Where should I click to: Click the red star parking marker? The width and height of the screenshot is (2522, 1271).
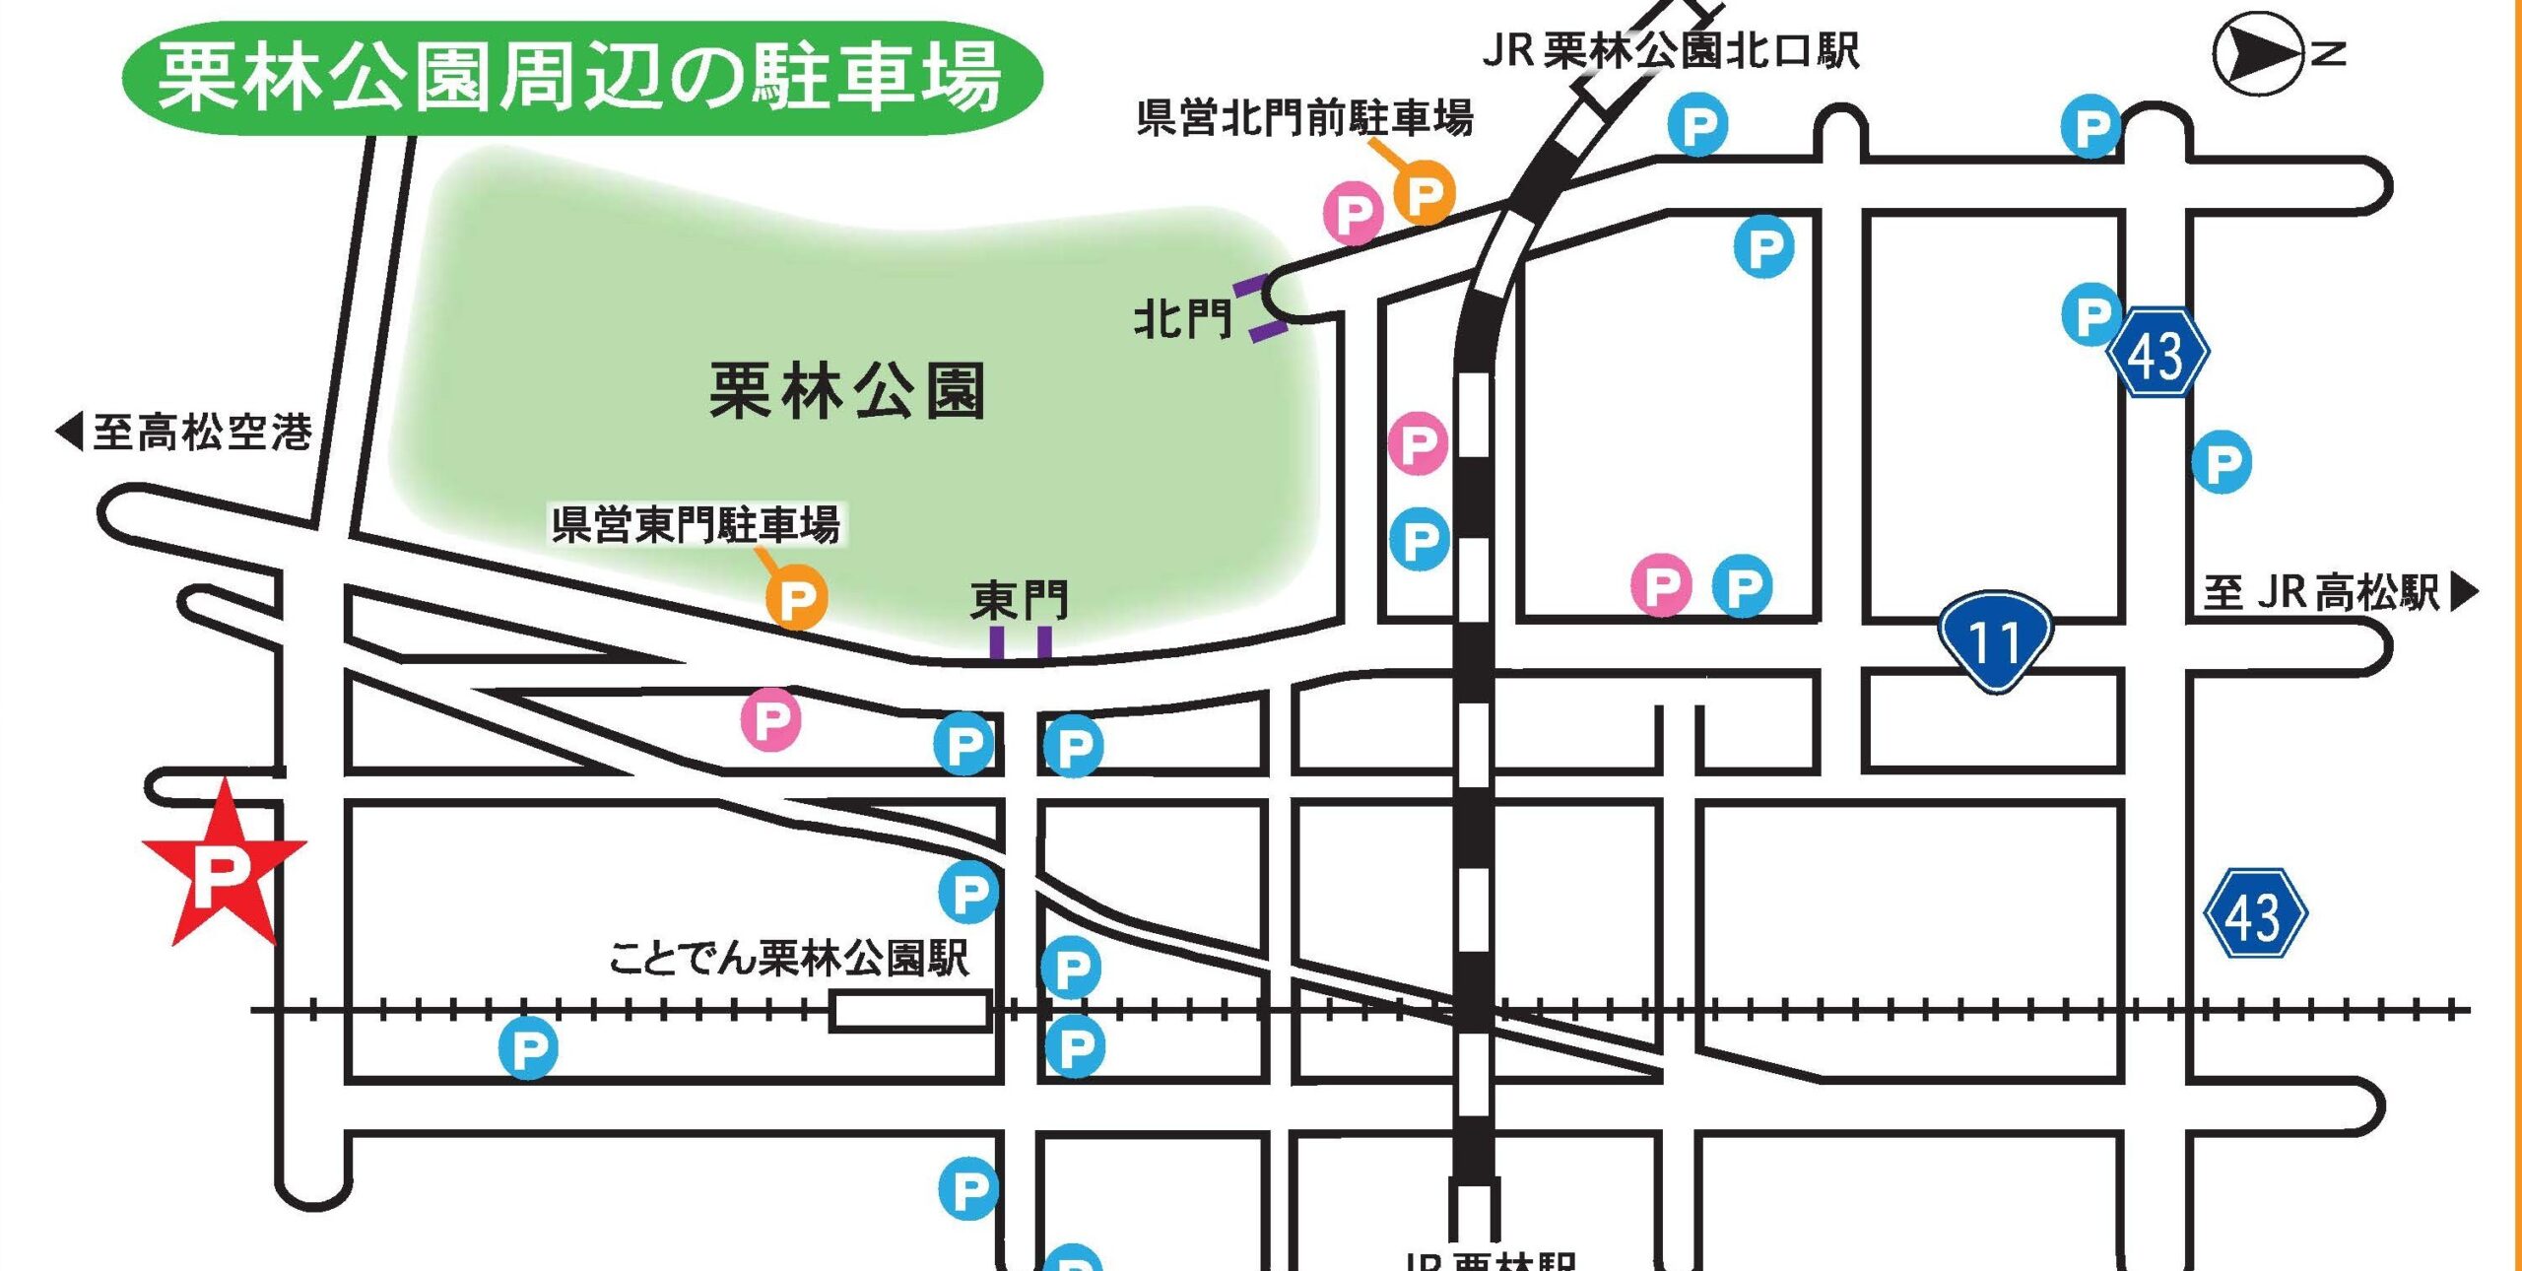pyautogui.click(x=223, y=868)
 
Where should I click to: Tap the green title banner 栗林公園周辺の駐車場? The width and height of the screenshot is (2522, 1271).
pyautogui.click(x=581, y=78)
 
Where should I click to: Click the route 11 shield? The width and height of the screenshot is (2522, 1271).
pyautogui.click(x=1996, y=640)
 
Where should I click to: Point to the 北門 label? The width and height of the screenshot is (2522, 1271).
pyautogui.click(x=1182, y=318)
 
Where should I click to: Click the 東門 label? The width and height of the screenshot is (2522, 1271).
pyautogui.click(x=1019, y=600)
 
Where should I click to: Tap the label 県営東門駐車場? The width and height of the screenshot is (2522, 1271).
pyautogui.click(x=696, y=523)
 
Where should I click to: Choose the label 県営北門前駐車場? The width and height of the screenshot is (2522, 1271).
pyautogui.click(x=1304, y=118)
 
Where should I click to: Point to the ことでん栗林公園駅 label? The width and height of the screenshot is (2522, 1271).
pyautogui.click(x=788, y=958)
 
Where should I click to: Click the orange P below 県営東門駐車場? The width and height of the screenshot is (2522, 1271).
pyautogui.click(x=796, y=597)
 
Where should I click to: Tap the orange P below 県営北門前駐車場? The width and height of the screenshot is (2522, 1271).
pyautogui.click(x=1425, y=195)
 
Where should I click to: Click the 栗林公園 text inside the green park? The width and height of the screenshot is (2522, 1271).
pyautogui.click(x=847, y=391)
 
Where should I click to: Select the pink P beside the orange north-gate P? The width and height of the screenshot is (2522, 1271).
pyautogui.click(x=1354, y=213)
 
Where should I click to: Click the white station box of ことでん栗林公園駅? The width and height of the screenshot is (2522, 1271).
pyautogui.click(x=909, y=1012)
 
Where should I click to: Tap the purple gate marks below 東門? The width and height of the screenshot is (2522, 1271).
pyautogui.click(x=1021, y=643)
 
